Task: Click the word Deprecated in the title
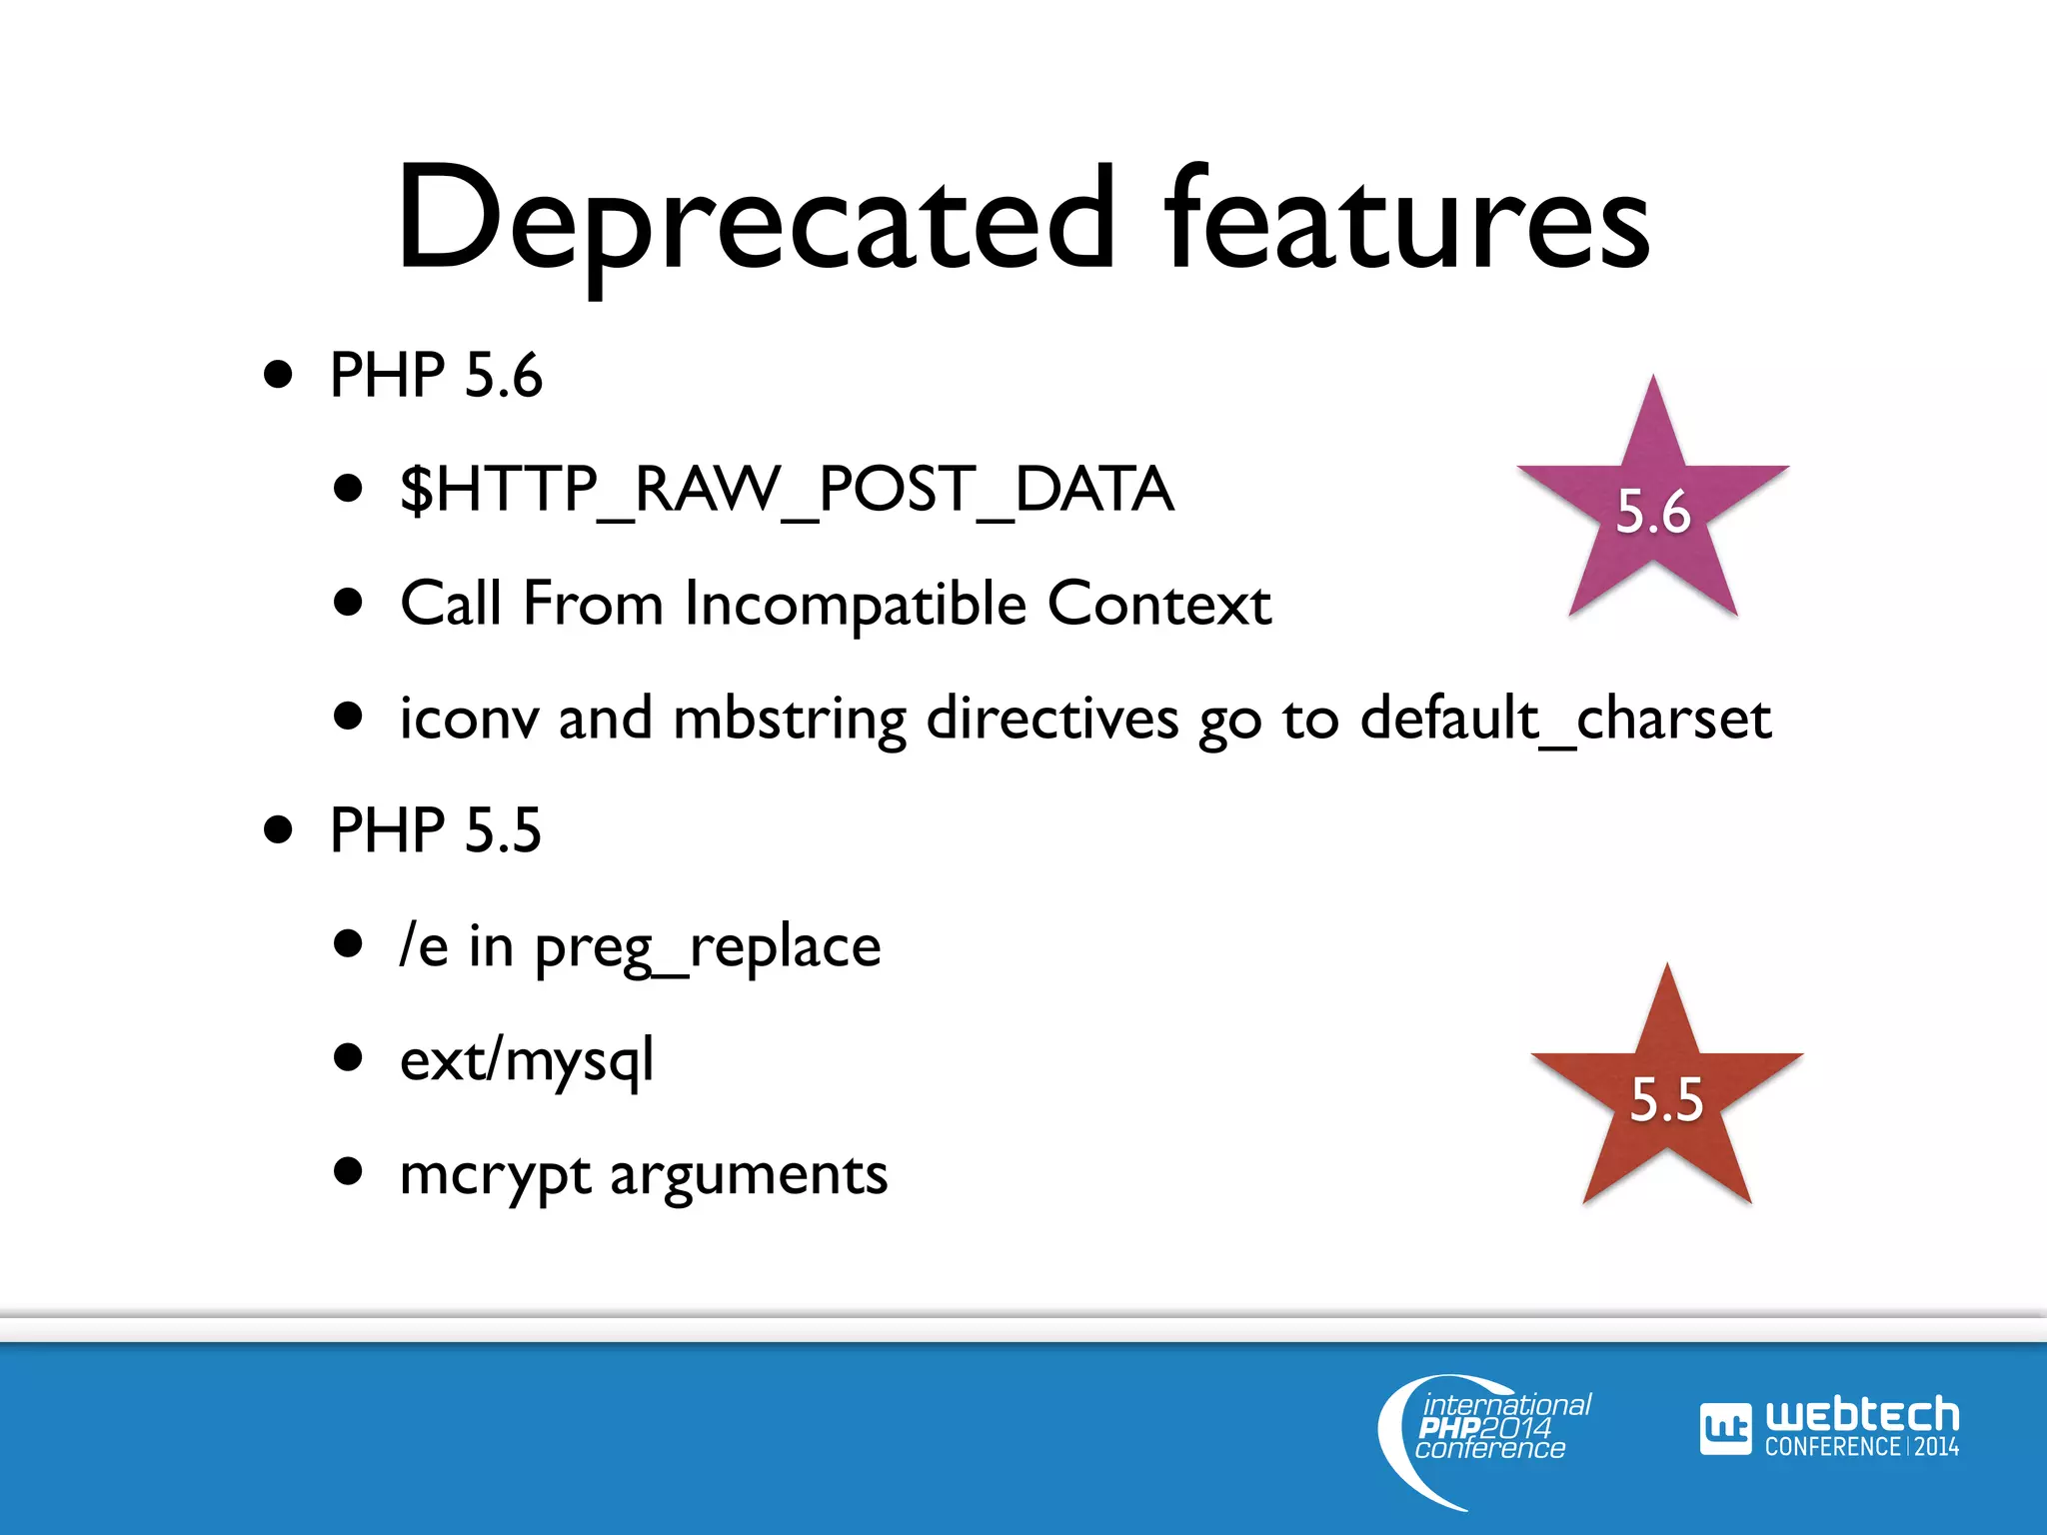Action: pyautogui.click(x=756, y=222)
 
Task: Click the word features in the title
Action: pyautogui.click(x=1407, y=222)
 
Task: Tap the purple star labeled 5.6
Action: pyautogui.click(x=1653, y=509)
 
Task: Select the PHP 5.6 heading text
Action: pyautogui.click(x=436, y=376)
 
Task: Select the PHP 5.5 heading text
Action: pyautogui.click(x=436, y=830)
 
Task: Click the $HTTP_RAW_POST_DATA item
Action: pyautogui.click(x=787, y=490)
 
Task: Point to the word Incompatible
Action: pyautogui.click(x=856, y=606)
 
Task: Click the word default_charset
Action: pyautogui.click(x=1565, y=719)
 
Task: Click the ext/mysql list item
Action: pyautogui.click(x=527, y=1061)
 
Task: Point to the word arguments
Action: pyautogui.click(x=749, y=1175)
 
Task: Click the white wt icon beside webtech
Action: pyautogui.click(x=1725, y=1430)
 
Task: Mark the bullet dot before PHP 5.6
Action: pyautogui.click(x=279, y=376)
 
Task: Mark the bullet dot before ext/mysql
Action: pyautogui.click(x=348, y=1057)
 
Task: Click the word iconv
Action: pyautogui.click(x=469, y=719)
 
